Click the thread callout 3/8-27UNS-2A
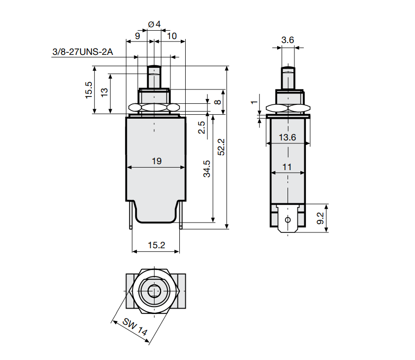tap(83, 51)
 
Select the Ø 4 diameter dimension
tap(154, 24)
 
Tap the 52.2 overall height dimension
tap(221, 147)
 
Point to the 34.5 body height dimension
tap(207, 169)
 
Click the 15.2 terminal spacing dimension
tap(157, 245)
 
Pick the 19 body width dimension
tap(157, 161)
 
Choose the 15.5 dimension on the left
tap(89, 90)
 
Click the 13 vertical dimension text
tap(104, 92)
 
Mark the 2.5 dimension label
tap(202, 128)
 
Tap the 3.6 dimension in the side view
tap(288, 40)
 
